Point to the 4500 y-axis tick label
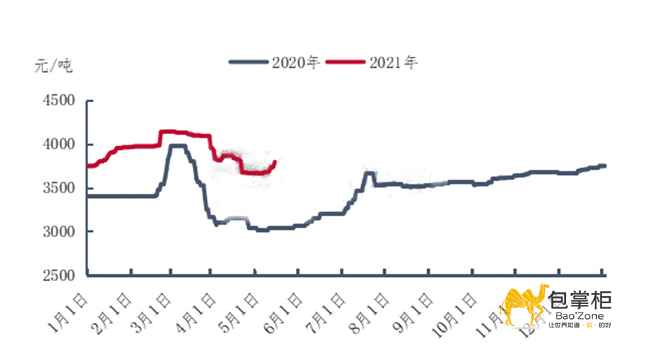click(55, 101)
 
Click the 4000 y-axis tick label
click(55, 144)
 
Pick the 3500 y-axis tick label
click(55, 188)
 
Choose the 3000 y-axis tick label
click(55, 231)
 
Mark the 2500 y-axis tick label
click(55, 275)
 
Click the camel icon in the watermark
click(523, 306)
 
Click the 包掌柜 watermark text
click(580, 298)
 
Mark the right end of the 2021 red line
click(276, 161)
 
